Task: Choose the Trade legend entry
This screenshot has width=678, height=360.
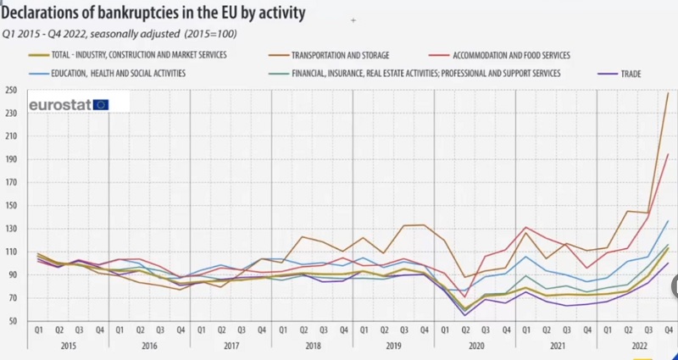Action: [628, 74]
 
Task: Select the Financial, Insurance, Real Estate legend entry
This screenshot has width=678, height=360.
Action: [425, 74]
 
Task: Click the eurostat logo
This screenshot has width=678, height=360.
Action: [69, 105]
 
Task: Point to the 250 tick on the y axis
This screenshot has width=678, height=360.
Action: [13, 90]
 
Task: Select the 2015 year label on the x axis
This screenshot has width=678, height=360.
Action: [69, 346]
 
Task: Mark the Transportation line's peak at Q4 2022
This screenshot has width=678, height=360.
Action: [668, 93]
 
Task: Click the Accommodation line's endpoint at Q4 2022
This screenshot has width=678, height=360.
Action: [668, 154]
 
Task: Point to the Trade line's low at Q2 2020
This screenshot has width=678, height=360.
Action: [465, 316]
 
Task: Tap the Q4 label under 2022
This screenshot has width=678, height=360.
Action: [668, 330]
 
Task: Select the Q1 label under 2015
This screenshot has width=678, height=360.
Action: [39, 330]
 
